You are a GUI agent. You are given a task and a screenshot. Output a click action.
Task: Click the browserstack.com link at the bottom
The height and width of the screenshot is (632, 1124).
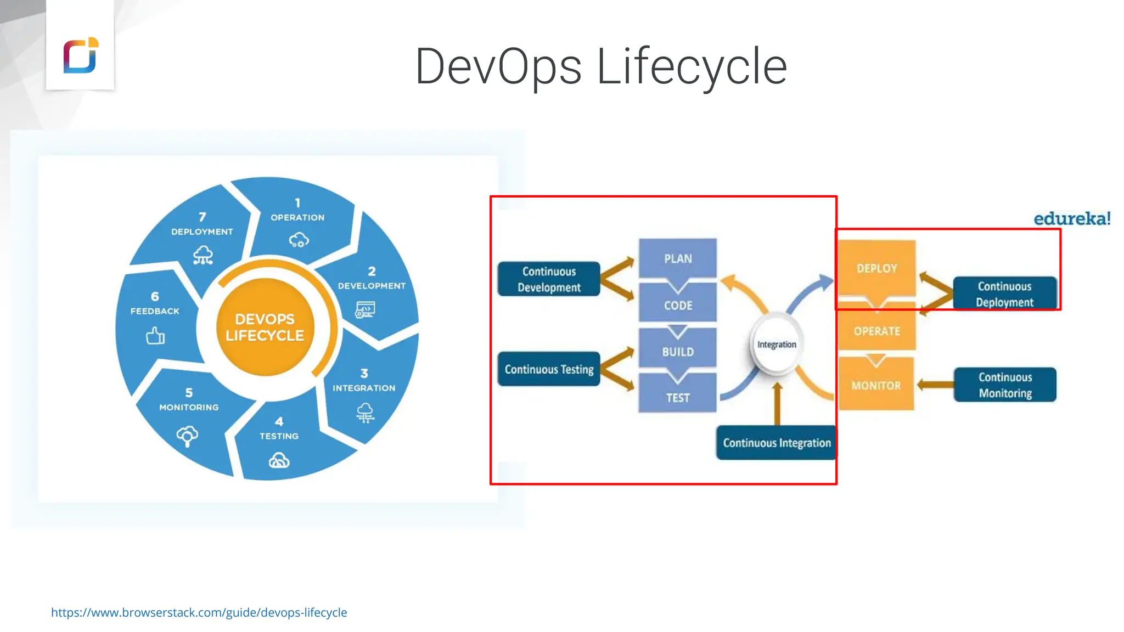tap(199, 612)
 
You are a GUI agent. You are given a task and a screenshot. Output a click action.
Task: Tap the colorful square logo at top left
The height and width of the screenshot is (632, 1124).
tap(80, 55)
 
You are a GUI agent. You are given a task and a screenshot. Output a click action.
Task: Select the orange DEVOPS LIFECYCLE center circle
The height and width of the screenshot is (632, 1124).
tap(265, 328)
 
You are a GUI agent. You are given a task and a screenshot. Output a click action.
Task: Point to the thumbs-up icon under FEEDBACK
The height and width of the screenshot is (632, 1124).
tap(155, 335)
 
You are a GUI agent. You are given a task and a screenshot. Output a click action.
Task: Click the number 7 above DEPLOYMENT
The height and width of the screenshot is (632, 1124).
tap(202, 217)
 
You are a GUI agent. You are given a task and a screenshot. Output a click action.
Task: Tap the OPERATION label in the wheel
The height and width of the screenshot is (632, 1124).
tap(297, 217)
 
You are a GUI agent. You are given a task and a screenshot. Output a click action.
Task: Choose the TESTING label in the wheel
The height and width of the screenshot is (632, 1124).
tap(279, 436)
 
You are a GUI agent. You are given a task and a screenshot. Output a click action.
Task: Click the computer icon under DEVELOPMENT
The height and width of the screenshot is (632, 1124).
tap(365, 310)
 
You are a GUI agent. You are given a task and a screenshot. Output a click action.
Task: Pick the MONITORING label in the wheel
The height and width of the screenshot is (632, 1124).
tap(189, 407)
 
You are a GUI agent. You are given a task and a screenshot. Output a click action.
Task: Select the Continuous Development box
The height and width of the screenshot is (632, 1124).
tap(549, 279)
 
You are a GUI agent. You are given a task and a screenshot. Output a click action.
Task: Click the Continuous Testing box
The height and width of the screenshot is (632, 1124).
tap(549, 369)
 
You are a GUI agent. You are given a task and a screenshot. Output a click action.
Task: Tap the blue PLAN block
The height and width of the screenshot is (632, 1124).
tap(678, 258)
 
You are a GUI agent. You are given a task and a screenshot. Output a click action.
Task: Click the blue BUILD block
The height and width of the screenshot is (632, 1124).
tap(678, 352)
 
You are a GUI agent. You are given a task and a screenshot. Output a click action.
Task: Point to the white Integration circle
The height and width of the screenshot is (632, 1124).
tap(777, 345)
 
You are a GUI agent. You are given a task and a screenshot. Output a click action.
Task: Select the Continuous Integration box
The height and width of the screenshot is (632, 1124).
tap(777, 443)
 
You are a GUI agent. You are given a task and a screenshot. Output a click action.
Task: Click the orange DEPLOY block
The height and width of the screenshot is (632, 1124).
tap(876, 268)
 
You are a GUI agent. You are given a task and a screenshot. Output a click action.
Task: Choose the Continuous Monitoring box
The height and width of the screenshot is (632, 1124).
tap(1005, 385)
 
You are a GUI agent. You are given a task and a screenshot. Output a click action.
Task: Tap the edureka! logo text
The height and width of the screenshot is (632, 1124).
tap(1072, 219)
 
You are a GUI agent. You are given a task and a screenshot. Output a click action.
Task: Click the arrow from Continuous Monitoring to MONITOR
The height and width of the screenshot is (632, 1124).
tap(935, 385)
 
